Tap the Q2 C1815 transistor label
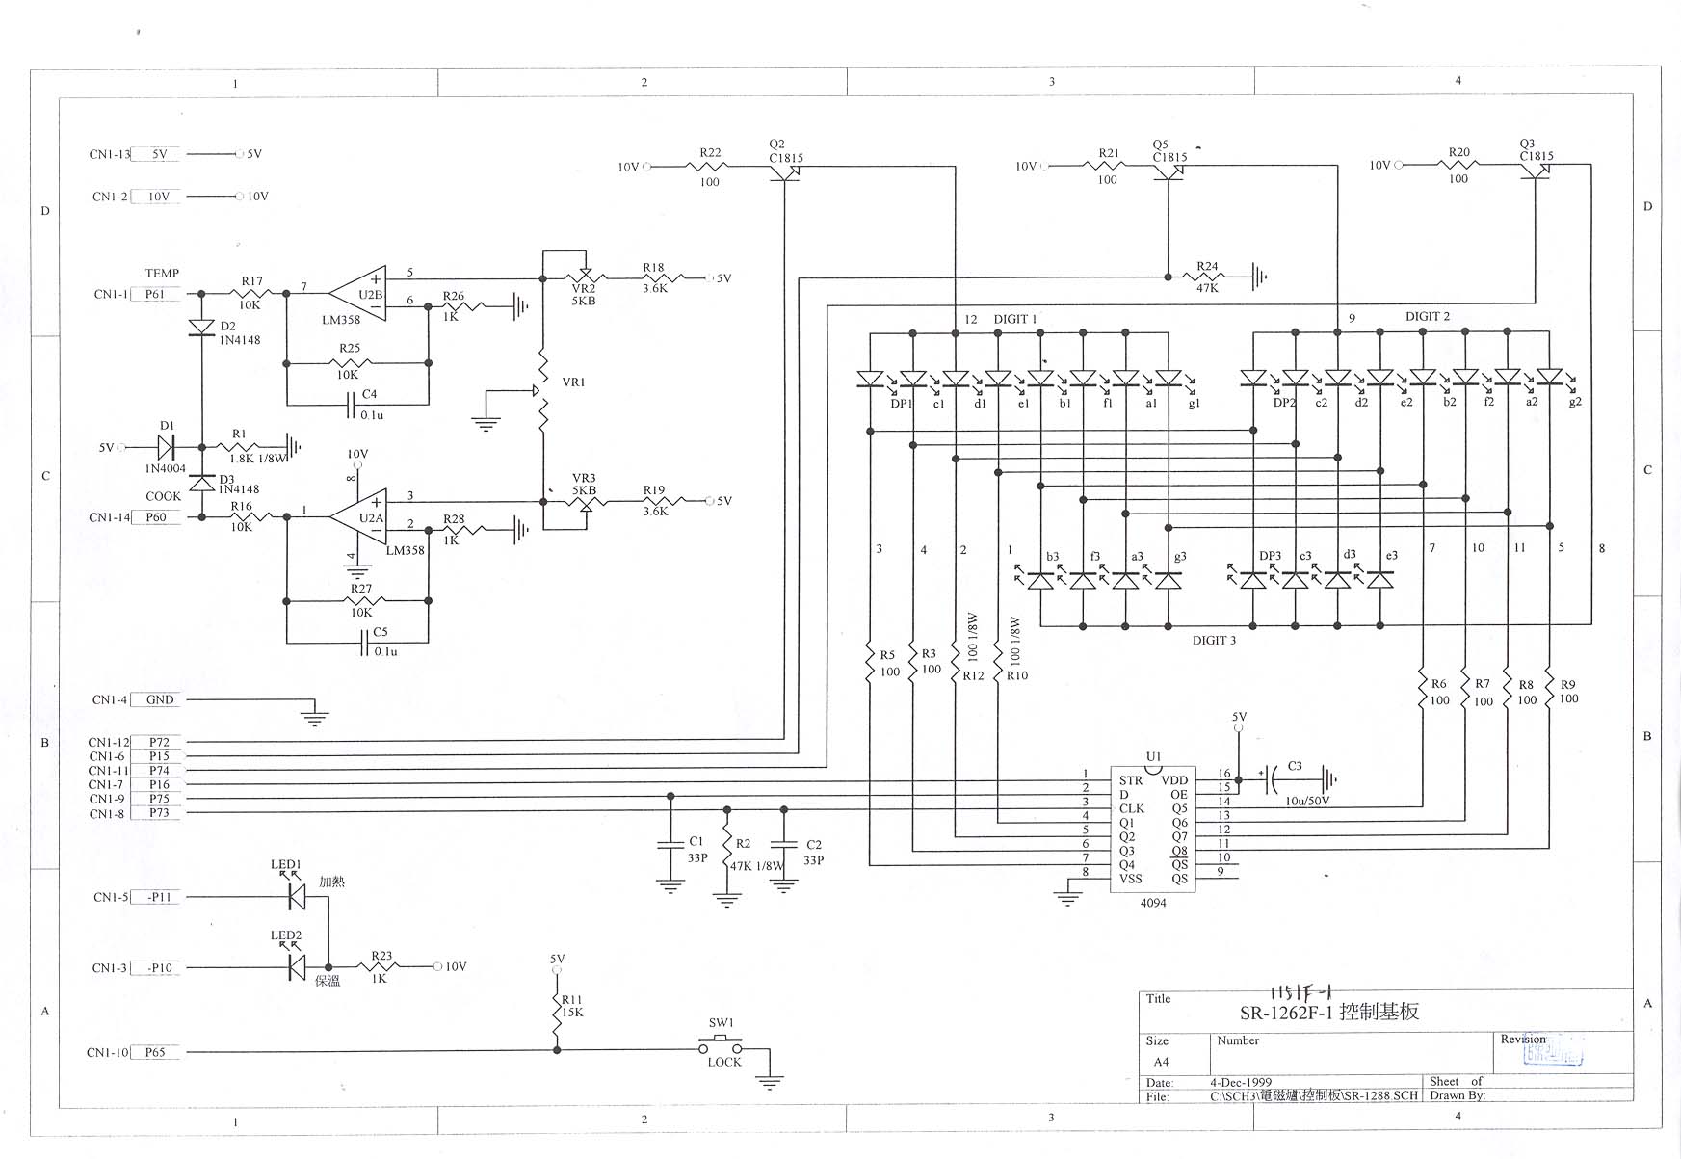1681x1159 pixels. (x=784, y=152)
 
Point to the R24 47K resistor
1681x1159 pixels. (x=1206, y=277)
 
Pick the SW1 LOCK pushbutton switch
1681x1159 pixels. (x=722, y=1043)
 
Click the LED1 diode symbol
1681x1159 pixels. (x=298, y=897)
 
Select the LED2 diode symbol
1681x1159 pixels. (x=298, y=966)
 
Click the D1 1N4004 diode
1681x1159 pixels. (x=167, y=448)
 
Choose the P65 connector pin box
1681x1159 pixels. (x=155, y=1053)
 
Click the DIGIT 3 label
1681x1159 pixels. (x=1214, y=641)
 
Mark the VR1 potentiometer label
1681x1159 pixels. (x=573, y=382)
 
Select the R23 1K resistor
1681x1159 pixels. (x=381, y=966)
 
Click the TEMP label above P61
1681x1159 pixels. (x=162, y=274)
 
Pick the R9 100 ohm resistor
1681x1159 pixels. (x=1549, y=692)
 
